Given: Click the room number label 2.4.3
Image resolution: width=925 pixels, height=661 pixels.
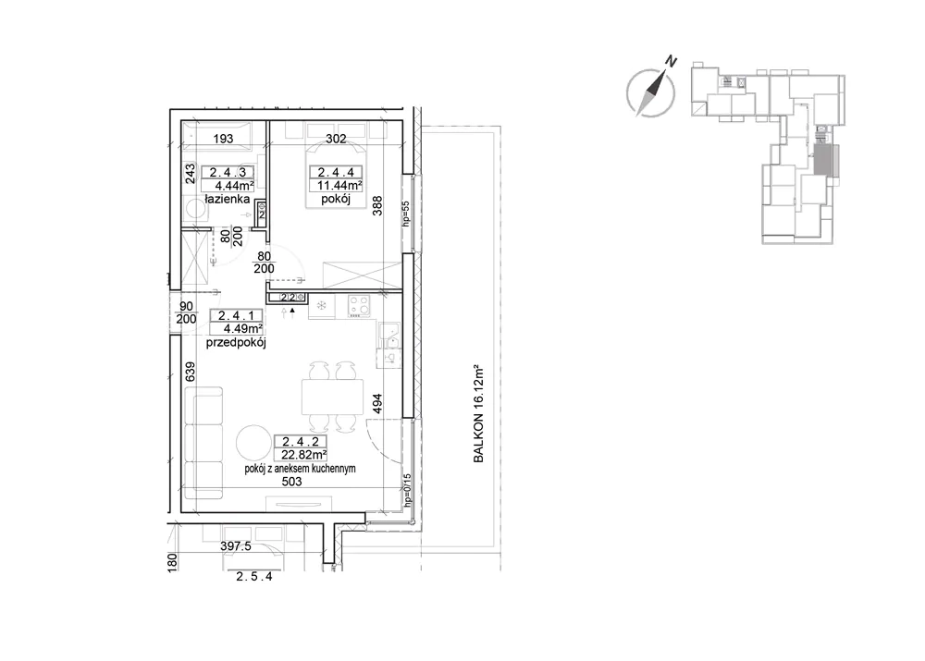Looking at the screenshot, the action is [228, 172].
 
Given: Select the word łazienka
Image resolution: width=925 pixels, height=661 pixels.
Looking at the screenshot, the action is [228, 200].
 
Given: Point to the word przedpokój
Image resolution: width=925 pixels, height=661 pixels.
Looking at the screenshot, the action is [236, 343].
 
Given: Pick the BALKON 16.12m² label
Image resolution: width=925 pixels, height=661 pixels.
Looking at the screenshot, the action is [478, 412].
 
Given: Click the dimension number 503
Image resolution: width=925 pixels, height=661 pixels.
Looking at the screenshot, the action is [291, 482].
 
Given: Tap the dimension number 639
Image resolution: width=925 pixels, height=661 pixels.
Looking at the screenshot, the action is [190, 372].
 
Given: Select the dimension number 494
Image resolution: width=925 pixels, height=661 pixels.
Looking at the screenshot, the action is [377, 403].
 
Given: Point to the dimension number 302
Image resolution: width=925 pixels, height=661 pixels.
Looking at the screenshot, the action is [337, 140].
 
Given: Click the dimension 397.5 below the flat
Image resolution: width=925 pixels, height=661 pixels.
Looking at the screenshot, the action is [236, 546].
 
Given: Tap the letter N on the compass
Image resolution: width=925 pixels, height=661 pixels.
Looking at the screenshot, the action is [671, 60].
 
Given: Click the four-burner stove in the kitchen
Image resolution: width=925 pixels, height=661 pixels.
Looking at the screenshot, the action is [359, 306].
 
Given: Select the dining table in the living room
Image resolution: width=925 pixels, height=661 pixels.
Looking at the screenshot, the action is [332, 397].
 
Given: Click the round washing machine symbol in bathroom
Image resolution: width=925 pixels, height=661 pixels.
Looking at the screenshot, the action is [193, 209].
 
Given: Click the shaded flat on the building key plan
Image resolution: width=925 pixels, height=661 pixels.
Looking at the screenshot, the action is [821, 159].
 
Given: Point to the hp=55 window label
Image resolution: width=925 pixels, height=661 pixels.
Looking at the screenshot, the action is [405, 214].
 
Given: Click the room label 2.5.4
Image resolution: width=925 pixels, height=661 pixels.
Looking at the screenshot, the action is [254, 577].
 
